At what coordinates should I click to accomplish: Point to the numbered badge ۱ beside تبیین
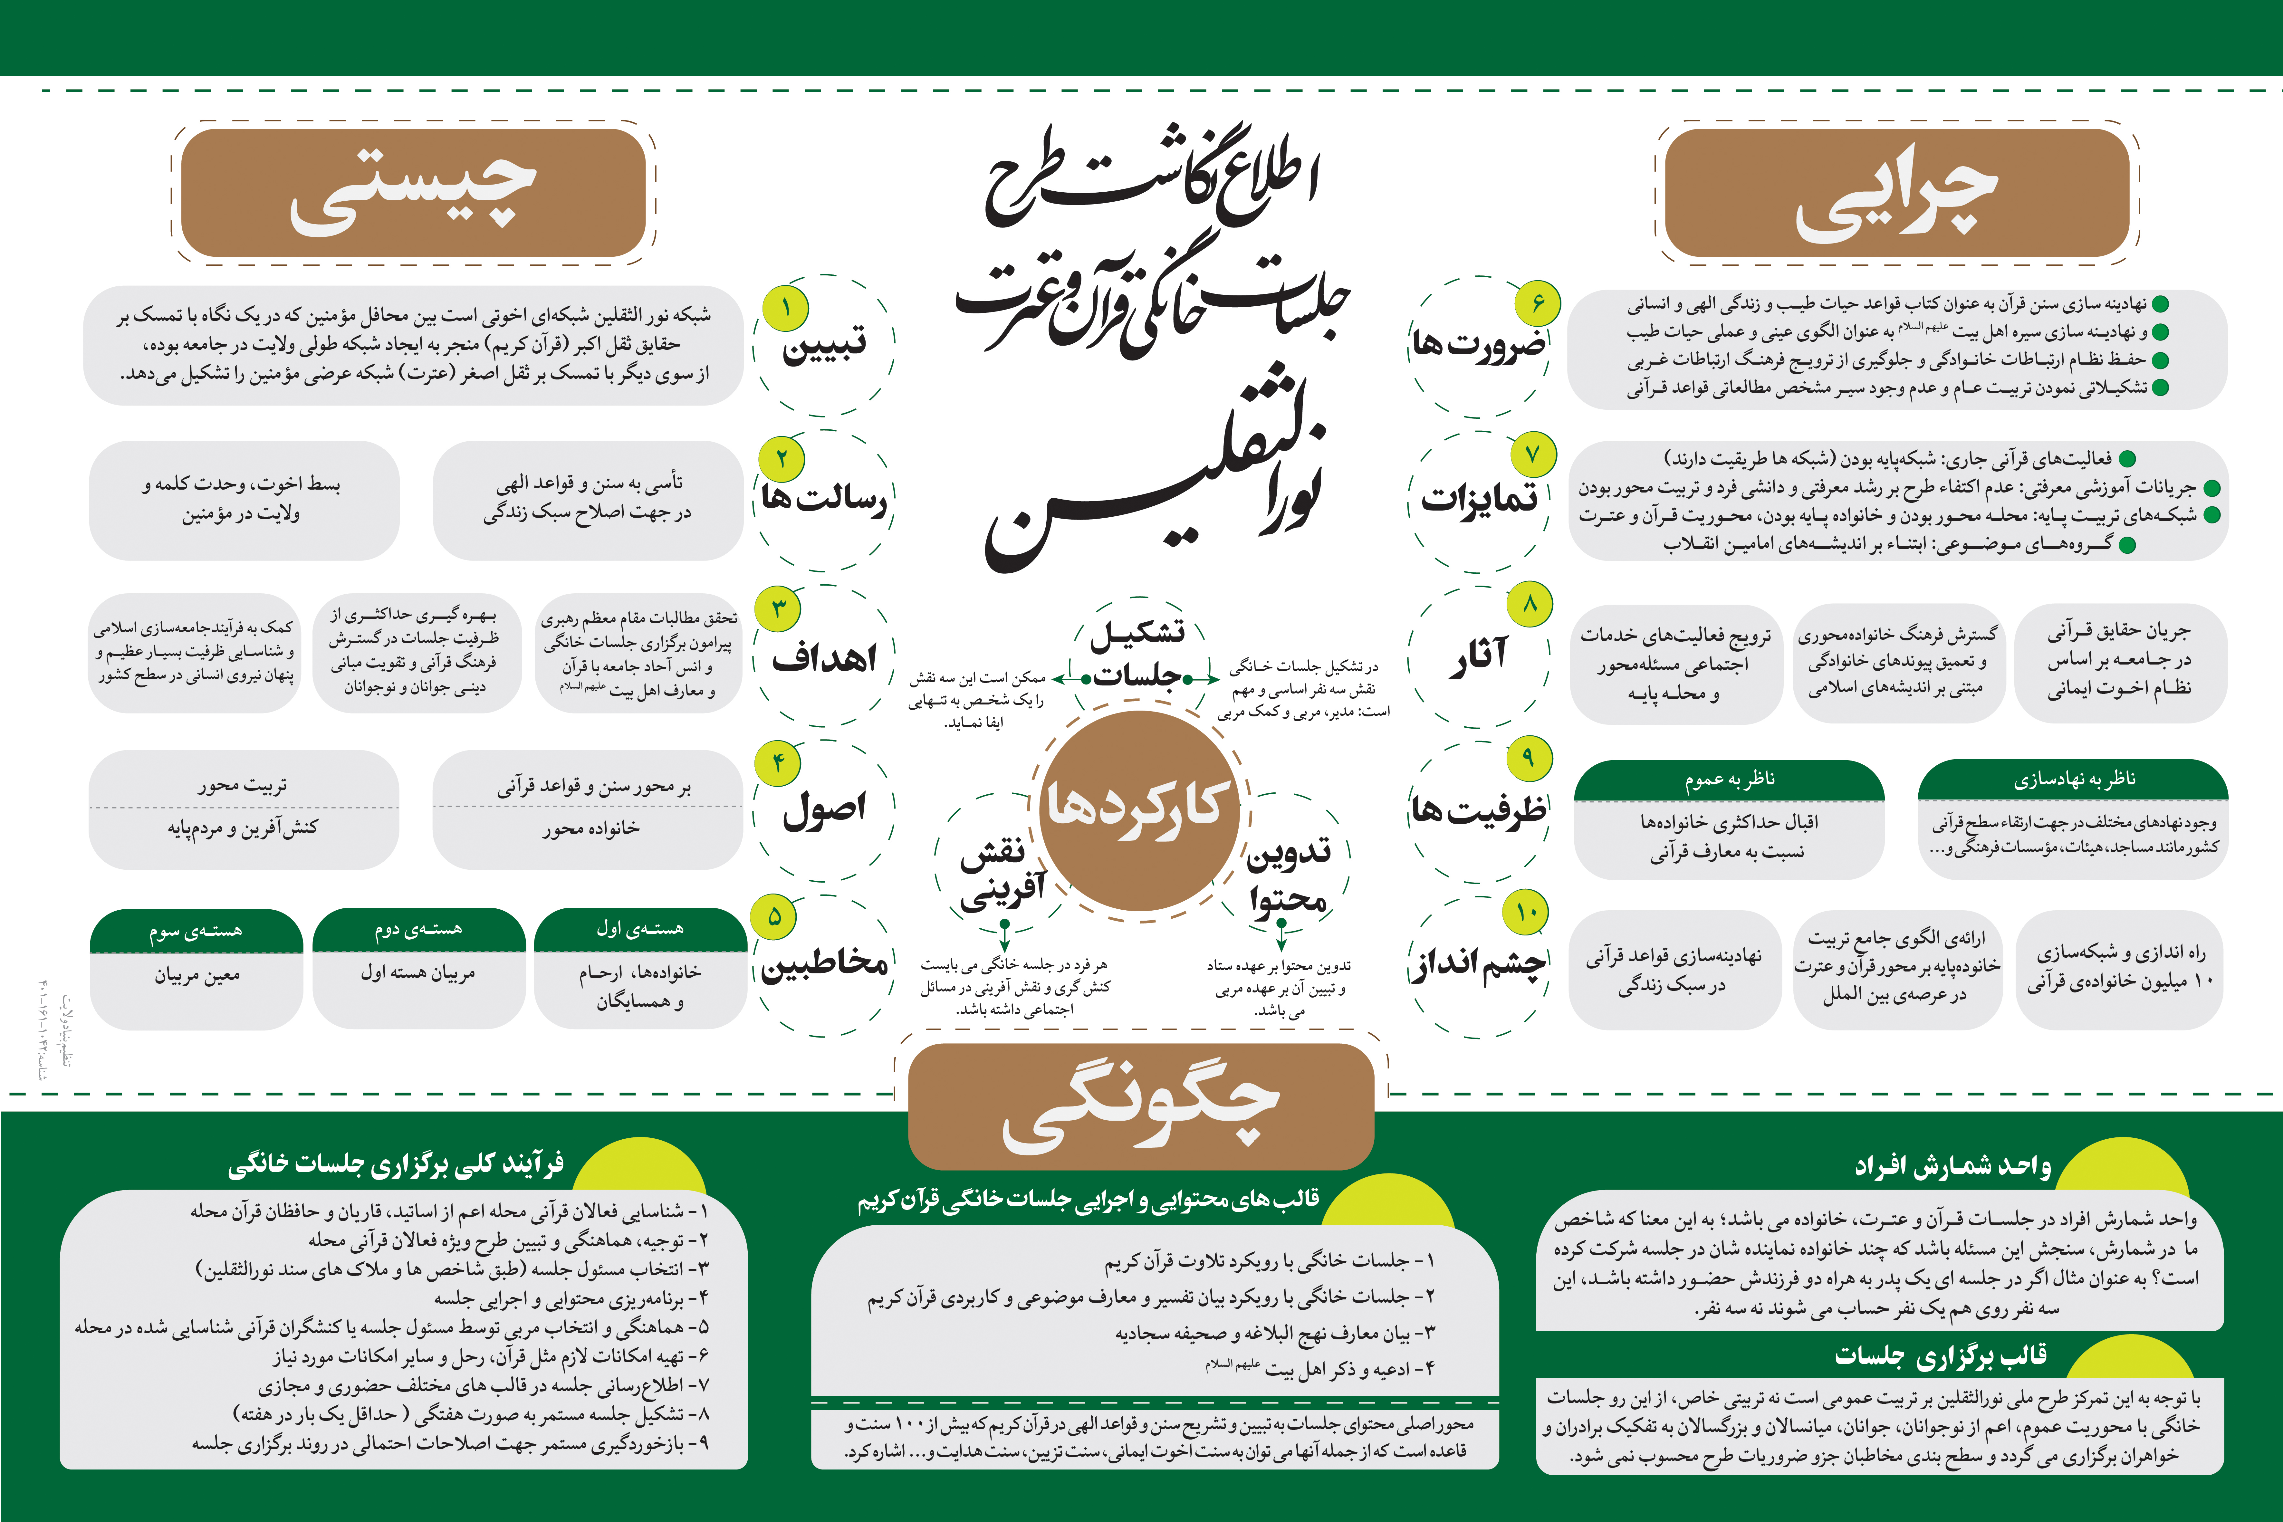[x=785, y=308]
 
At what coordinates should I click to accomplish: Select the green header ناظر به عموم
[x=1729, y=780]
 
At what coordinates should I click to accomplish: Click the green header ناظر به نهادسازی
[x=2073, y=780]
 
